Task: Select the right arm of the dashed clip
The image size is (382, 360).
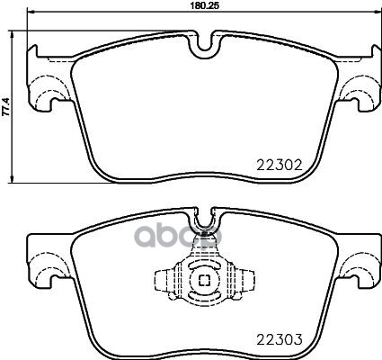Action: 237,280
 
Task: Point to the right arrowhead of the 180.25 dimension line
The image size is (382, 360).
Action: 376,13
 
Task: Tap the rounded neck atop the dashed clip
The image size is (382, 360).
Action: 203,256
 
